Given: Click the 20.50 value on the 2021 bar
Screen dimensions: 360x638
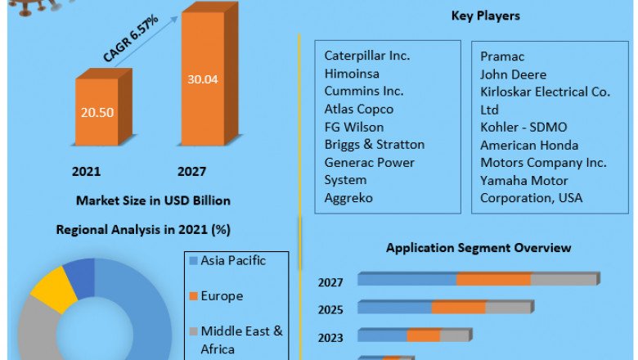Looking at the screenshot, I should (x=97, y=112).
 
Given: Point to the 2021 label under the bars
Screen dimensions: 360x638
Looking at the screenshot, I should (x=86, y=171).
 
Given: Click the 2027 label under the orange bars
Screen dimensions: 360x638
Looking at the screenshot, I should (x=191, y=171).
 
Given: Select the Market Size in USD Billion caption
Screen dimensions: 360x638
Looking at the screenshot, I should (x=153, y=200).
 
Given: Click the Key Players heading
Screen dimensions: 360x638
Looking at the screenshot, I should (x=485, y=16).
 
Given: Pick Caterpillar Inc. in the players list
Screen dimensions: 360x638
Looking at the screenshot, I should (x=367, y=56).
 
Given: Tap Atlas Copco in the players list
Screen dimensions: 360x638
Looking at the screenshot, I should (x=358, y=109).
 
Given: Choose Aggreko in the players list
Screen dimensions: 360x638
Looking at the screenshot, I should (x=350, y=198).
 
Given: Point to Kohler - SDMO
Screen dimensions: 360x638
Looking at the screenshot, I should (x=523, y=127).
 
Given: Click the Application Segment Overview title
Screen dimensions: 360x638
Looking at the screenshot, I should (x=478, y=248).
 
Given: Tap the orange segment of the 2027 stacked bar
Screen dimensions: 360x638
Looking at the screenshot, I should (x=494, y=280).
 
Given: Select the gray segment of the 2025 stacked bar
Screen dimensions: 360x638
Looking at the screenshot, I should (x=509, y=308).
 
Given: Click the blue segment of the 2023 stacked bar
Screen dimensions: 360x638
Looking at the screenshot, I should (x=383, y=335).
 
